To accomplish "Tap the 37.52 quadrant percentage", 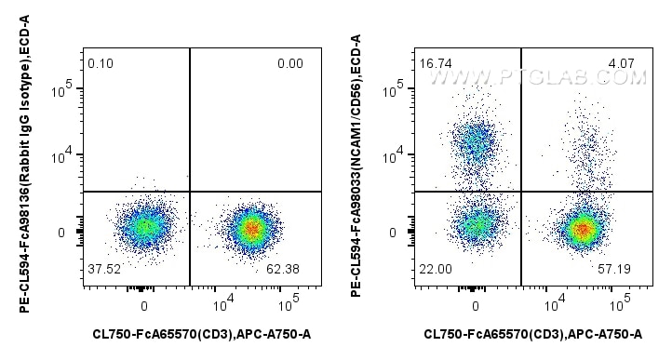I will coord(103,271).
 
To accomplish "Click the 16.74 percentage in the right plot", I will coord(435,62).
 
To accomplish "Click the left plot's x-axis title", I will coord(201,333).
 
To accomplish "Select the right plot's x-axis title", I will coord(532,333).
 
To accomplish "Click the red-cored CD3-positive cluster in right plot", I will coord(582,227).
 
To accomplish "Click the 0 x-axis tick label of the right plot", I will coord(476,305).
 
